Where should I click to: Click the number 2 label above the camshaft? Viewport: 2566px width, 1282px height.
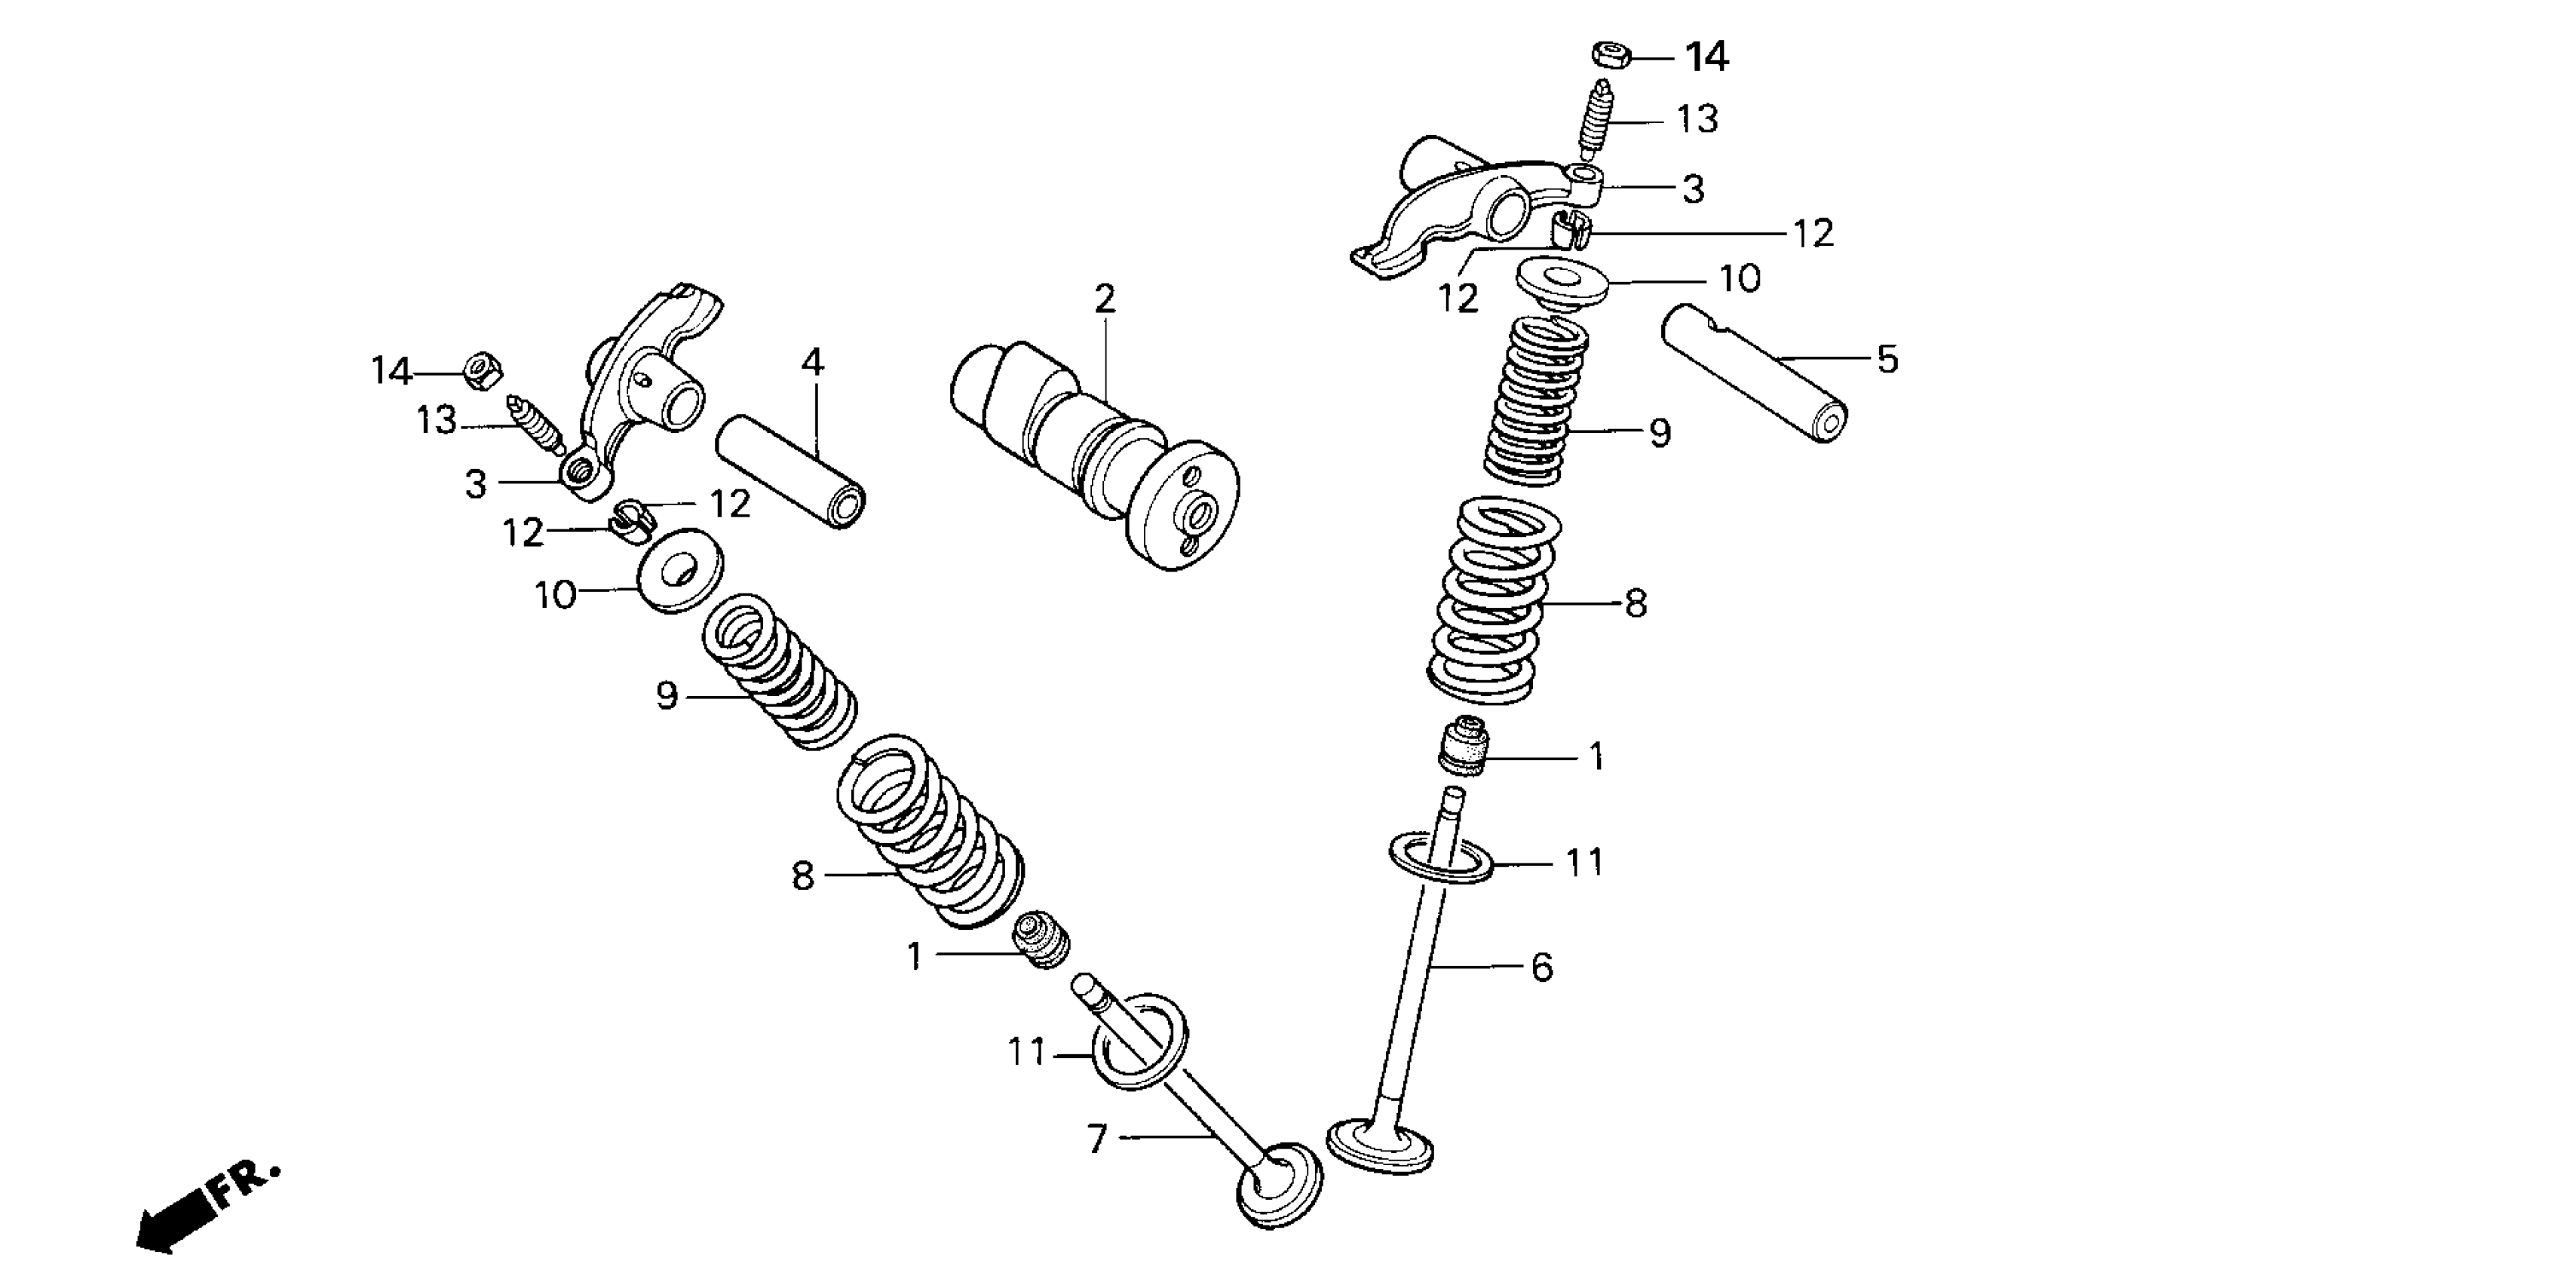coord(1105,299)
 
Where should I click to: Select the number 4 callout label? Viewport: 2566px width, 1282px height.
coord(813,363)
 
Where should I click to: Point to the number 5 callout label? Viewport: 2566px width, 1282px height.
coord(1887,360)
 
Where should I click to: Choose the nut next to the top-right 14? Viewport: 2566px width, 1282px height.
coord(1610,55)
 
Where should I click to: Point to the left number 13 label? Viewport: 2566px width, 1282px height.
coord(437,422)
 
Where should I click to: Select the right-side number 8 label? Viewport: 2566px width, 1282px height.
coord(1636,603)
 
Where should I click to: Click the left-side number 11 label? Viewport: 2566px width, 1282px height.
coord(1027,1052)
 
